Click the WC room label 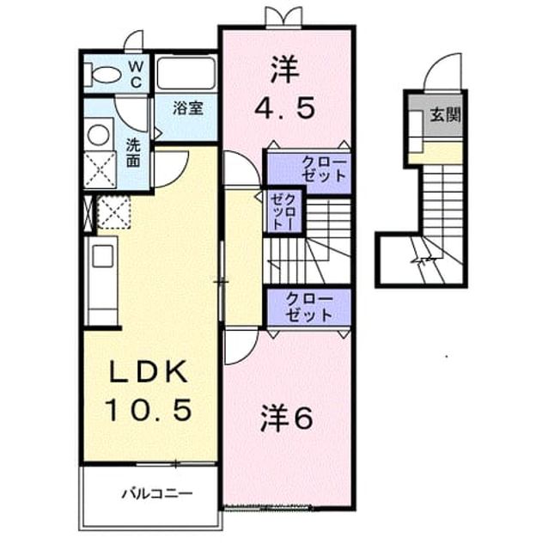(x=137, y=75)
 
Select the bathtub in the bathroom (x=186, y=73)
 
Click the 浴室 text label (x=188, y=108)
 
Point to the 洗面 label (x=133, y=153)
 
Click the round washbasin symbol (x=99, y=135)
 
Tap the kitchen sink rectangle (x=103, y=256)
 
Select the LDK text (x=149, y=372)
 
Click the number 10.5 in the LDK (x=149, y=410)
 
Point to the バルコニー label (x=157, y=494)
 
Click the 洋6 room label (x=286, y=419)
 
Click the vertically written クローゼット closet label (x=283, y=211)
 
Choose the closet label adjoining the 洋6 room (x=308, y=308)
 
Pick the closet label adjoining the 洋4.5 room (x=324, y=169)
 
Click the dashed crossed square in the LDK (x=113, y=212)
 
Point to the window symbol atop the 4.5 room (x=284, y=16)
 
